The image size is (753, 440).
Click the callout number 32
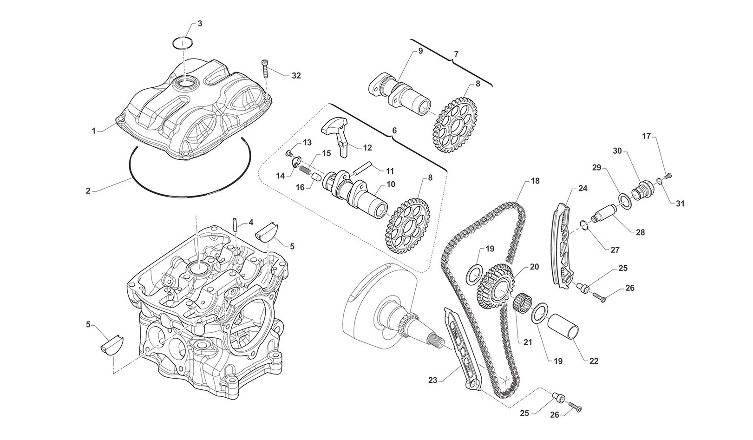click(x=296, y=76)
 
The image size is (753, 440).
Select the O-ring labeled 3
click(x=183, y=43)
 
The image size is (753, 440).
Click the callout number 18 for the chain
click(x=535, y=181)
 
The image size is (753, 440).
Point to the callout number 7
click(x=456, y=54)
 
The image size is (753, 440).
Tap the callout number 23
click(x=432, y=380)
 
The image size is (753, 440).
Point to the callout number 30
click(x=617, y=151)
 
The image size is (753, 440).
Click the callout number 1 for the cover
click(x=94, y=131)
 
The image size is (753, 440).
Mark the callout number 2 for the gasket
click(x=87, y=190)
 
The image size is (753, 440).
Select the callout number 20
click(x=534, y=267)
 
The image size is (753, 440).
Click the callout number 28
click(x=640, y=233)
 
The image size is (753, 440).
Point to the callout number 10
click(x=390, y=184)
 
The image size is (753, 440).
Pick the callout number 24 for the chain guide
click(x=583, y=189)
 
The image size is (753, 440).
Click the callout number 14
click(x=280, y=176)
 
